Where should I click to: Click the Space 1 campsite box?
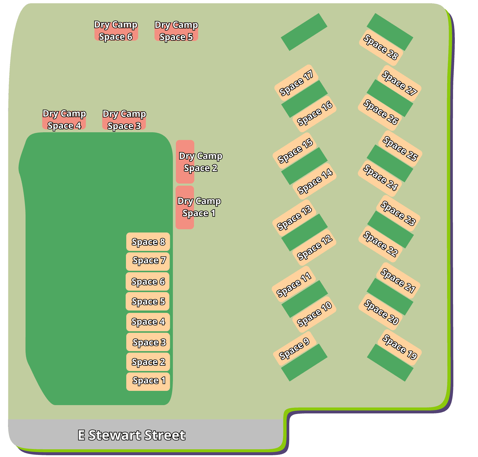tap(148, 381)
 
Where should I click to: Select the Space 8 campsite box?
tap(148, 242)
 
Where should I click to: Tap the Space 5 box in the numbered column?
tap(148, 301)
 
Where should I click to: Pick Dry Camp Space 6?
tap(116, 31)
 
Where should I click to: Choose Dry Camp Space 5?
tap(176, 31)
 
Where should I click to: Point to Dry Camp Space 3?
tap(124, 120)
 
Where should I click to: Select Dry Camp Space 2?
tap(185, 162)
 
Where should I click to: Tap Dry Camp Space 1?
tap(185, 207)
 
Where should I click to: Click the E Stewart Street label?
tap(131, 435)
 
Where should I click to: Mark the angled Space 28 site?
tap(381, 47)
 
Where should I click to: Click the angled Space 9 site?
tap(294, 348)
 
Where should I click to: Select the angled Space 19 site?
tap(400, 347)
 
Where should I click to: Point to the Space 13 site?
tap(294, 218)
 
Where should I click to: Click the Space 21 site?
tap(398, 281)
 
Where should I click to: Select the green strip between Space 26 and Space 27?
tap(390, 98)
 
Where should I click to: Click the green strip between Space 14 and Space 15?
tap(304, 166)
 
